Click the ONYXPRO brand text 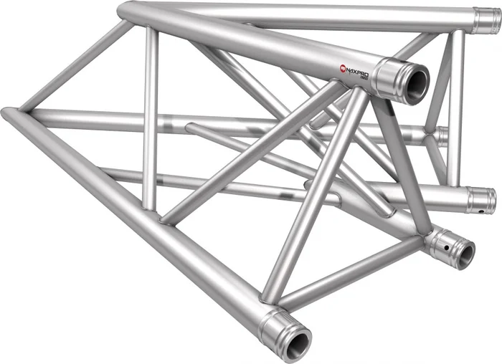(356, 70)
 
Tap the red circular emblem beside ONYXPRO (342, 68)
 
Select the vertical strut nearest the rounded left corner (150, 118)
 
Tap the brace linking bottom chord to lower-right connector (351, 272)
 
